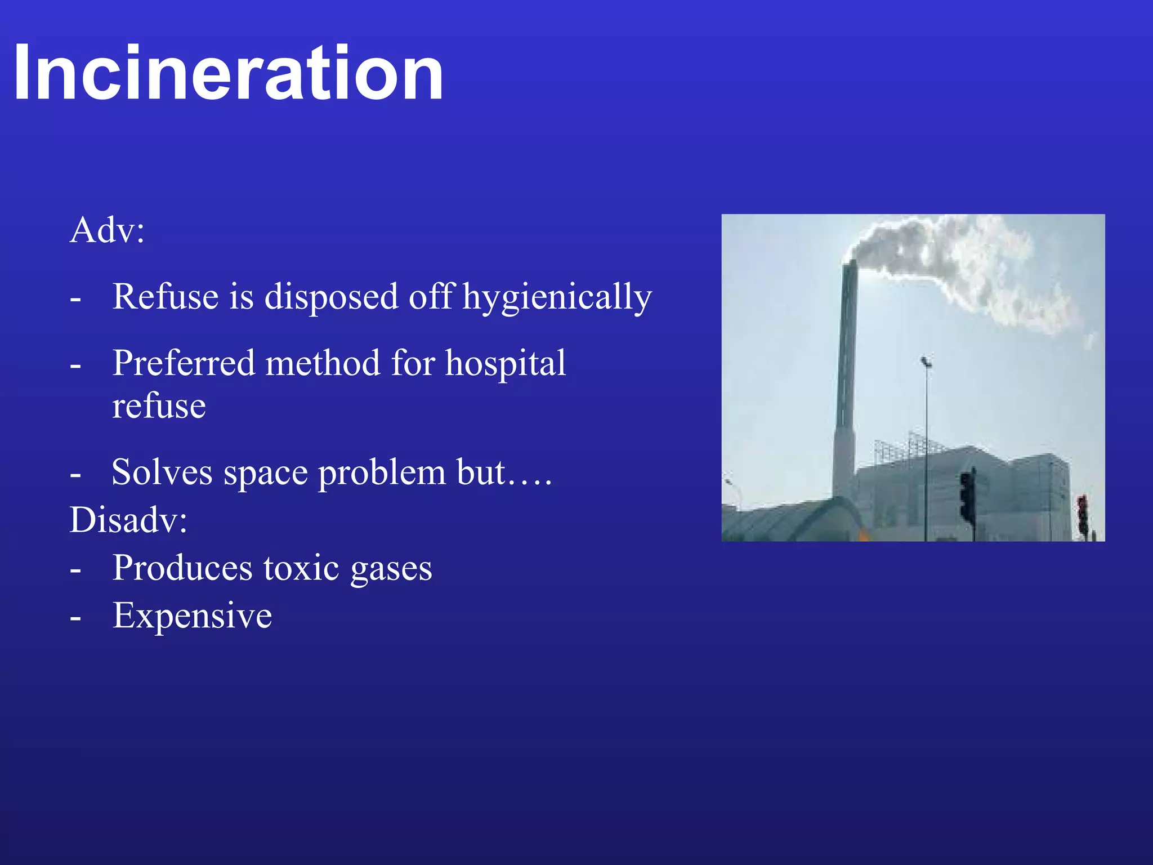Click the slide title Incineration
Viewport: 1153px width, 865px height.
click(228, 73)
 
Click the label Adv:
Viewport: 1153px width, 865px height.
click(107, 230)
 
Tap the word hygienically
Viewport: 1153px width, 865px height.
click(557, 297)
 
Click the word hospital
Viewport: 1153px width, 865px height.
click(506, 363)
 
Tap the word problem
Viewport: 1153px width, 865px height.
click(382, 473)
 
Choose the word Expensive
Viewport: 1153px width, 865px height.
click(192, 616)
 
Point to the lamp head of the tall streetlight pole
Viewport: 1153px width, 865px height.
click(925, 362)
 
